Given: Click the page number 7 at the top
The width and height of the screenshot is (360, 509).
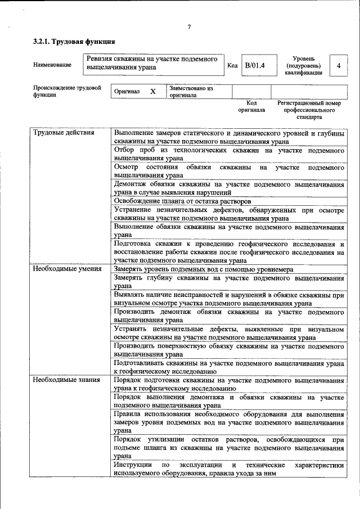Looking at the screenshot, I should (189, 28).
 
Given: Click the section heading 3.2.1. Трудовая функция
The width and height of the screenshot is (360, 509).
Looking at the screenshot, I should (74, 42).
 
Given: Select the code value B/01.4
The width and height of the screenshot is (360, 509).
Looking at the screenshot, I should (255, 65).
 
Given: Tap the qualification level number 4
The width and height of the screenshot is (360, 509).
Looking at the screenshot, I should (338, 66).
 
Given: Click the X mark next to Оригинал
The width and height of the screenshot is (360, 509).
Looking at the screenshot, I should (152, 91).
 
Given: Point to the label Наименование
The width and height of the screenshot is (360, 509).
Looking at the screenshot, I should (52, 65).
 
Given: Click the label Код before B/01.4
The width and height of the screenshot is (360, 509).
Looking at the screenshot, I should (232, 65).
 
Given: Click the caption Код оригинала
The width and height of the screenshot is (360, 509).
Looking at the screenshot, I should (251, 106).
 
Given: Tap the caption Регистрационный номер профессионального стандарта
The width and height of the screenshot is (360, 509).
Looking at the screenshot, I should (309, 110).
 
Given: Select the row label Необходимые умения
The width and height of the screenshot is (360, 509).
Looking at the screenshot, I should (67, 269).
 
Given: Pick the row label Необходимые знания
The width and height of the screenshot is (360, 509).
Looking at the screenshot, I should (66, 380).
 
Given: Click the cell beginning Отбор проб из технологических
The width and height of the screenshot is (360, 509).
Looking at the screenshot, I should (228, 155).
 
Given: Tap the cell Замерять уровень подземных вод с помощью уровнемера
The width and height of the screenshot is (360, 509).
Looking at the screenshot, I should (203, 269).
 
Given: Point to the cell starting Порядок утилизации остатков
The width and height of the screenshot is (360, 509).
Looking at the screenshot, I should (228, 448).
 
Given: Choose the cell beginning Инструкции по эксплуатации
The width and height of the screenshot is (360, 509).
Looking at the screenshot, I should (228, 469).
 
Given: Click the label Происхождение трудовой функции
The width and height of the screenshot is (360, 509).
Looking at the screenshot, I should (66, 91).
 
